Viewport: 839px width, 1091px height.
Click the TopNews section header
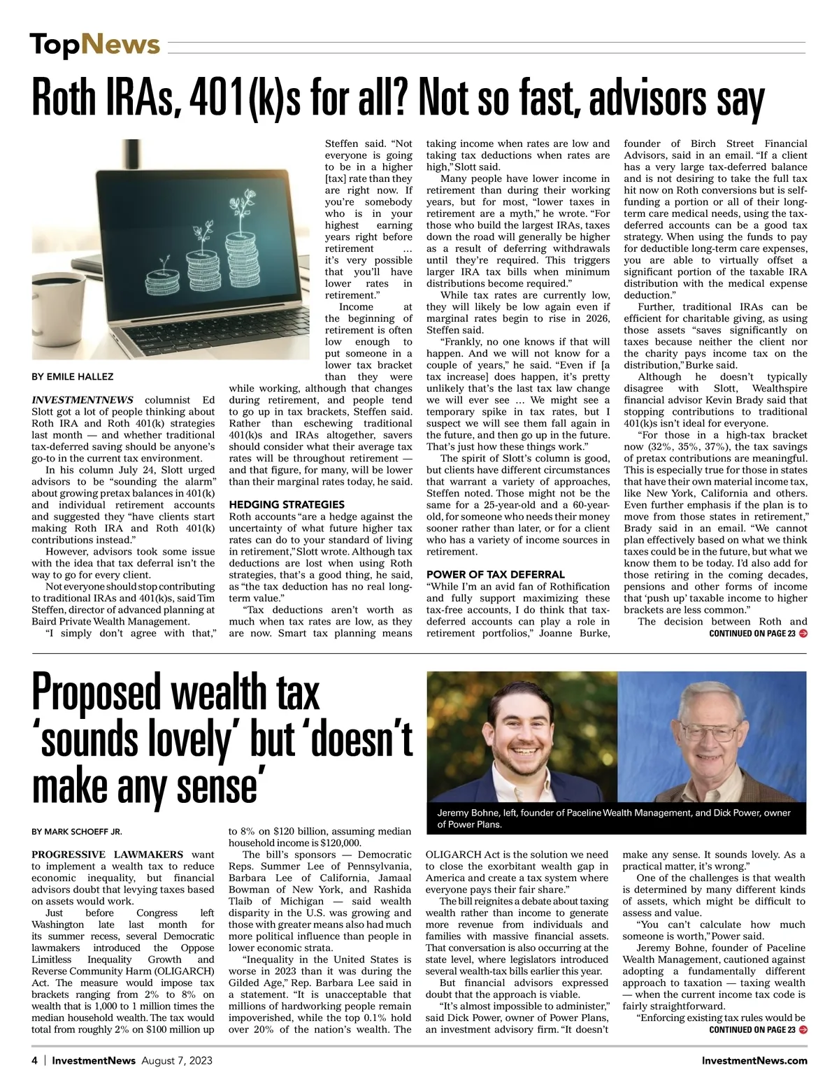[95, 45]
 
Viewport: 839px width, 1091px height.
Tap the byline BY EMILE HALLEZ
[73, 377]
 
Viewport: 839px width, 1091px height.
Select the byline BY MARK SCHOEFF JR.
[77, 832]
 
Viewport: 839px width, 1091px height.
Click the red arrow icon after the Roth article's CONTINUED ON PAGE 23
[803, 634]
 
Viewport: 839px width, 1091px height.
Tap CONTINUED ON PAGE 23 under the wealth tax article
[752, 1030]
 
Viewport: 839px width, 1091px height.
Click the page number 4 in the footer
[34, 1060]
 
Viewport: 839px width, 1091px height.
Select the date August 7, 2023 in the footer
[177, 1060]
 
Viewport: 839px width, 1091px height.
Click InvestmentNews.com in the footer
[754, 1060]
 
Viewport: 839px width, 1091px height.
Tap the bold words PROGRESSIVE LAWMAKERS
[107, 855]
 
